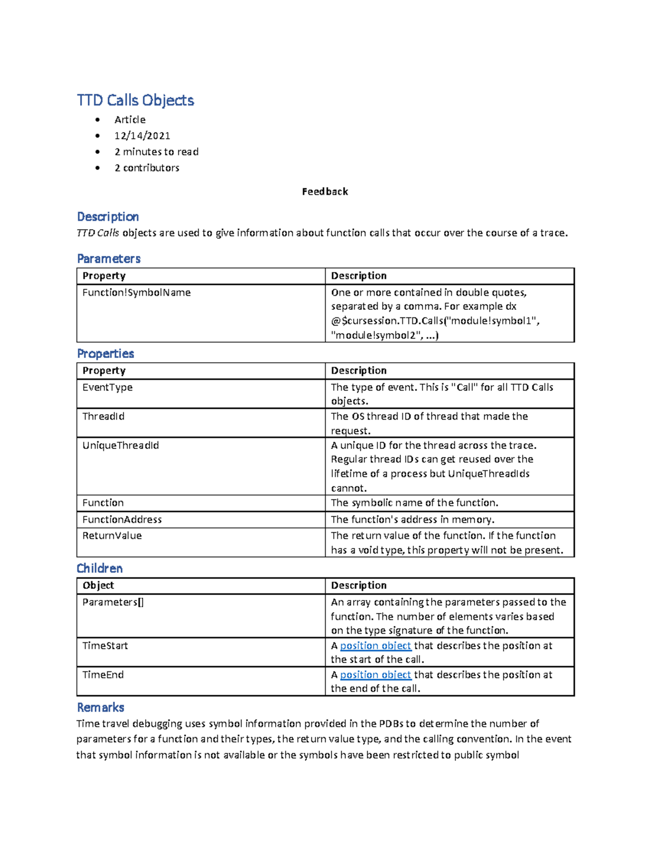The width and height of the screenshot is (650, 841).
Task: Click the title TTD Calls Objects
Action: (135, 100)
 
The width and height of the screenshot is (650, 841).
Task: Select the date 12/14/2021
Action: (142, 135)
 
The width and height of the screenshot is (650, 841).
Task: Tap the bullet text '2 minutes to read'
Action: (157, 152)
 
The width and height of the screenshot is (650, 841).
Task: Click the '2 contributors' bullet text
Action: (147, 168)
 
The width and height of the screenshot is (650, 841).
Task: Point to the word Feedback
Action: (325, 192)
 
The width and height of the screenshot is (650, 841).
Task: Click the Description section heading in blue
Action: (108, 217)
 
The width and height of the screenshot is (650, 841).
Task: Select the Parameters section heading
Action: (109, 258)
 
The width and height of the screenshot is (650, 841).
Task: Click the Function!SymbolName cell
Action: (136, 292)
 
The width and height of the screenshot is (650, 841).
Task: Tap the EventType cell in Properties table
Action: (107, 387)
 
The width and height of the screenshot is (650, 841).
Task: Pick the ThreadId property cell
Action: (103, 416)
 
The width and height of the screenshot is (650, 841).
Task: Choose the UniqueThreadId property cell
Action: (121, 445)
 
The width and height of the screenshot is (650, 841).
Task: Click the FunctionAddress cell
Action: (122, 519)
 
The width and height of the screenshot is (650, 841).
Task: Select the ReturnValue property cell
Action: (112, 536)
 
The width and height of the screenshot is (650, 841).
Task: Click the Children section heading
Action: (100, 568)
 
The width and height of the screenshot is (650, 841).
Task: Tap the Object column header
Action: (98, 585)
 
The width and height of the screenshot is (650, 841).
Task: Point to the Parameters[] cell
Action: (113, 602)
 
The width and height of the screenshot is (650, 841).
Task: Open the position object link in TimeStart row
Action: (375, 646)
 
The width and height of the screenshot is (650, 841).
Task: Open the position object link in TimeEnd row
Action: (375, 675)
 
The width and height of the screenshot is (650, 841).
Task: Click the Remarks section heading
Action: (101, 707)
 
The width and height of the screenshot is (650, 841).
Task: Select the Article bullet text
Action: (130, 120)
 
